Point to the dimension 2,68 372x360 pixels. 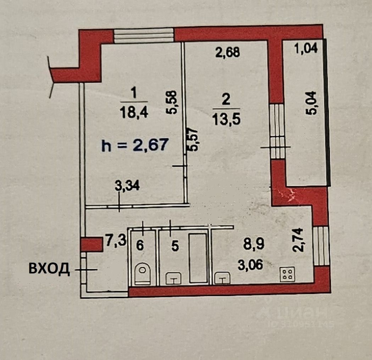(x=228, y=52)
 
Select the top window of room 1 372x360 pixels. (x=144, y=36)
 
